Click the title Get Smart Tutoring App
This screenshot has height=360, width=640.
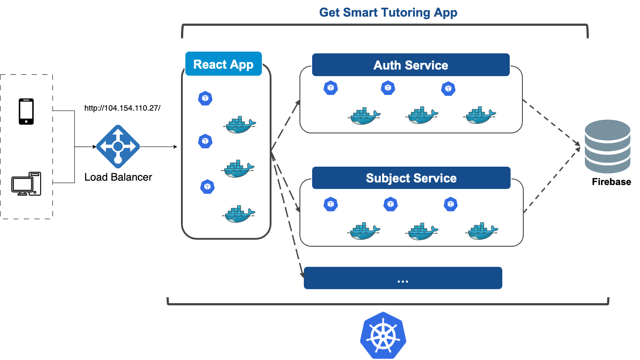(388, 12)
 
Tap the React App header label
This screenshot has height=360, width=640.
(223, 64)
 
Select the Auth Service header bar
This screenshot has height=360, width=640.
(410, 65)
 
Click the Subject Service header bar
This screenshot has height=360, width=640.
(411, 178)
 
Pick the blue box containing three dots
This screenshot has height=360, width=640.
(403, 278)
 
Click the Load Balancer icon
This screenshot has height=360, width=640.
(118, 147)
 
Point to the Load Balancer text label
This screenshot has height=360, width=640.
(118, 177)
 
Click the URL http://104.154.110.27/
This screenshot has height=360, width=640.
(122, 108)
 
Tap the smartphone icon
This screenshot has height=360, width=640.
(26, 112)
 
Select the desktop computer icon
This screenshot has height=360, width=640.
(26, 184)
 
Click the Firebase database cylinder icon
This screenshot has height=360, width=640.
(607, 147)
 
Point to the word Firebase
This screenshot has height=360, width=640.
(611, 182)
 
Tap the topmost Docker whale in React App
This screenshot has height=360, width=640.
(239, 125)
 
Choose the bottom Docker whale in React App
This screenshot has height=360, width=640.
(239, 214)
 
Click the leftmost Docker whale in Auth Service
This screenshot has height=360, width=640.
(364, 116)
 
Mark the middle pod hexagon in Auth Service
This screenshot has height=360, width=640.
(388, 88)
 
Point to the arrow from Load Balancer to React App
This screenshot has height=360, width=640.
(158, 147)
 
